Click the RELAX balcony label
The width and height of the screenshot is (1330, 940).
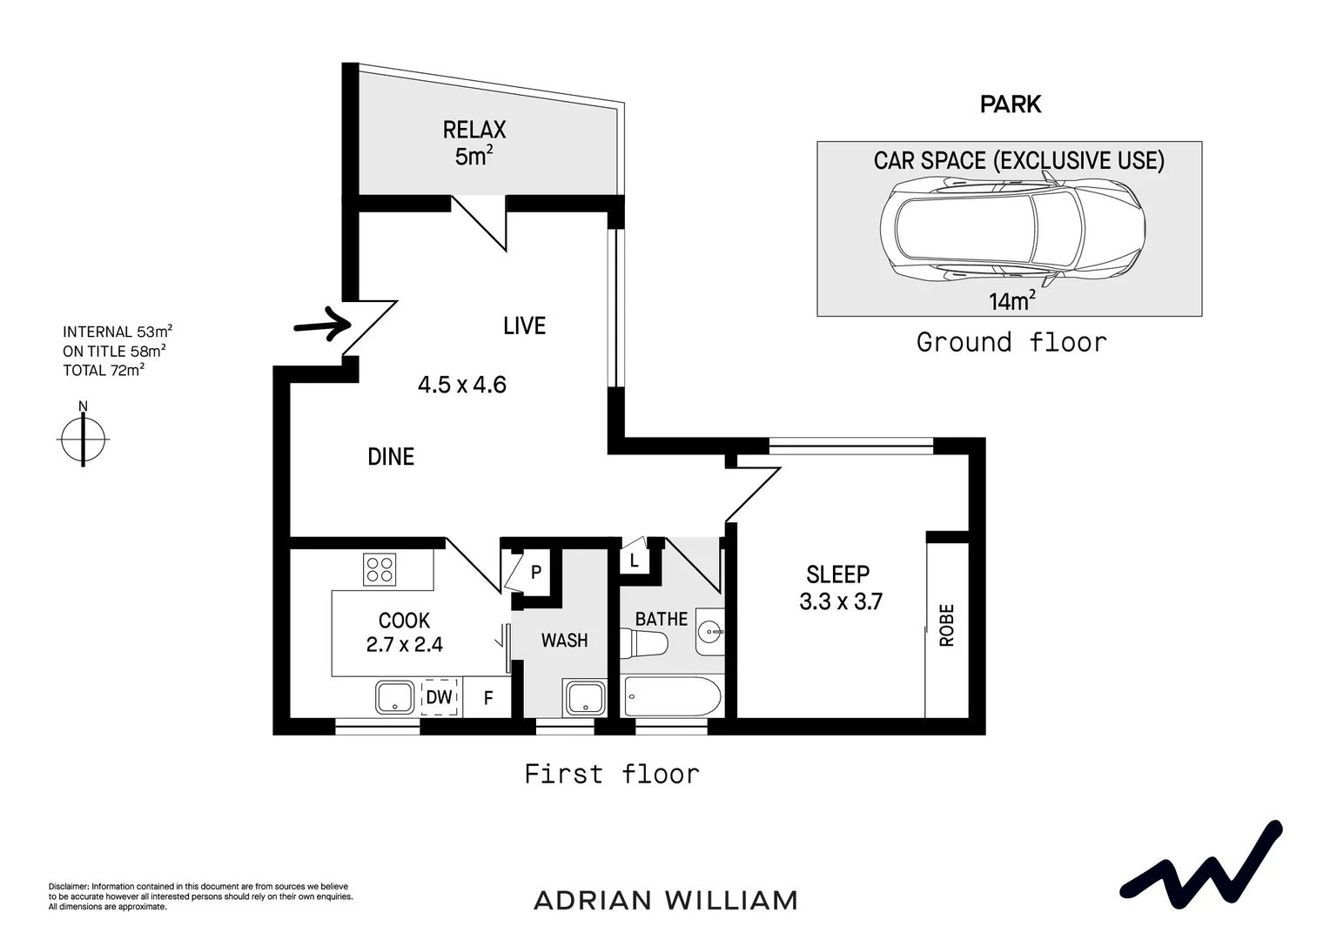[x=474, y=131]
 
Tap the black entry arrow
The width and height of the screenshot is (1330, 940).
[x=322, y=324]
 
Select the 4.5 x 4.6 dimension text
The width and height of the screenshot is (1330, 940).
[x=461, y=385]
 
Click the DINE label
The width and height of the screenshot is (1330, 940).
[x=391, y=457]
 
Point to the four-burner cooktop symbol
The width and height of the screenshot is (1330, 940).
[x=380, y=570]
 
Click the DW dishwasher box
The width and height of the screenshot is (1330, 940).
[x=439, y=697]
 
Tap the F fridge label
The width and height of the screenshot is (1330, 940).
[x=488, y=698]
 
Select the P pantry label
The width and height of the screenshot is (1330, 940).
[x=536, y=573]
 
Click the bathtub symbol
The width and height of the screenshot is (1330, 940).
[x=672, y=697]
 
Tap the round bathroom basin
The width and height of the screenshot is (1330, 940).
[x=710, y=628]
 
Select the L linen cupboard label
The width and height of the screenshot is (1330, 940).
[x=635, y=561]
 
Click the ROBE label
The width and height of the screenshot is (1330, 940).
[x=947, y=625]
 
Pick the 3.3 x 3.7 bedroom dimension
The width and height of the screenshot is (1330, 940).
[x=840, y=601]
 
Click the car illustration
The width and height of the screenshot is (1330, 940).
[x=1010, y=229]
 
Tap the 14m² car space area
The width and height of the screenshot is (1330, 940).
[x=1011, y=301]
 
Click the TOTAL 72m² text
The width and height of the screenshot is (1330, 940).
[x=103, y=371]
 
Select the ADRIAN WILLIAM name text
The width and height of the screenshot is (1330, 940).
[x=665, y=900]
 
